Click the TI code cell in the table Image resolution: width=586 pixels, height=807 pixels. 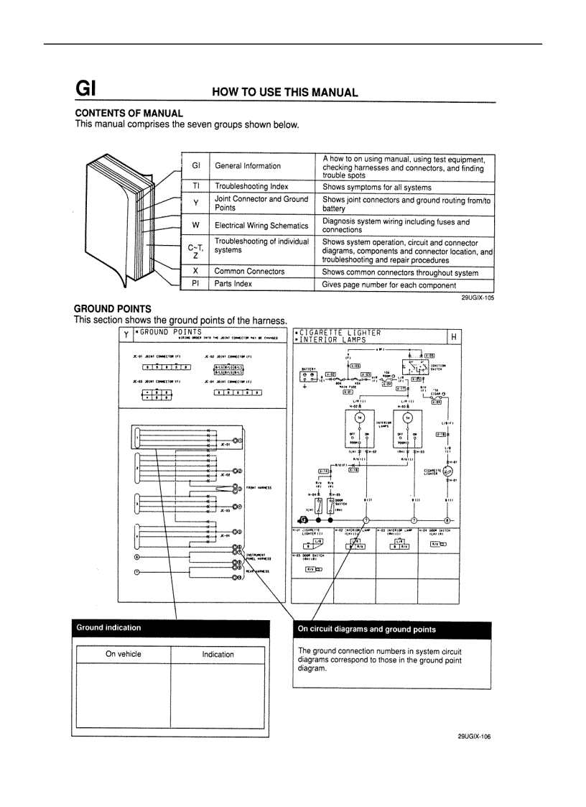195,186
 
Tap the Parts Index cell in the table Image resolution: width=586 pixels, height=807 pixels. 233,285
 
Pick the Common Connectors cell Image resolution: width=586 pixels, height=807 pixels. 249,272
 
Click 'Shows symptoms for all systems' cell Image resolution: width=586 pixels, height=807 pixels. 376,187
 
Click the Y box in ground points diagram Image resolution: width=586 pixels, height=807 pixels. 126,335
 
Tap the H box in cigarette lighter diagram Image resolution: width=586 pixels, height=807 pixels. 454,337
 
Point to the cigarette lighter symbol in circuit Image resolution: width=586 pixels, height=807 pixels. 448,472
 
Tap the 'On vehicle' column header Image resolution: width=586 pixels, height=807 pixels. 124,654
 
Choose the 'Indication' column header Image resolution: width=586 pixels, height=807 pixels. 218,654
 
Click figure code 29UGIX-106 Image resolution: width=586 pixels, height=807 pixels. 474,736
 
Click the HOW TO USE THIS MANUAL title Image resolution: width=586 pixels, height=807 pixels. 284,92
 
